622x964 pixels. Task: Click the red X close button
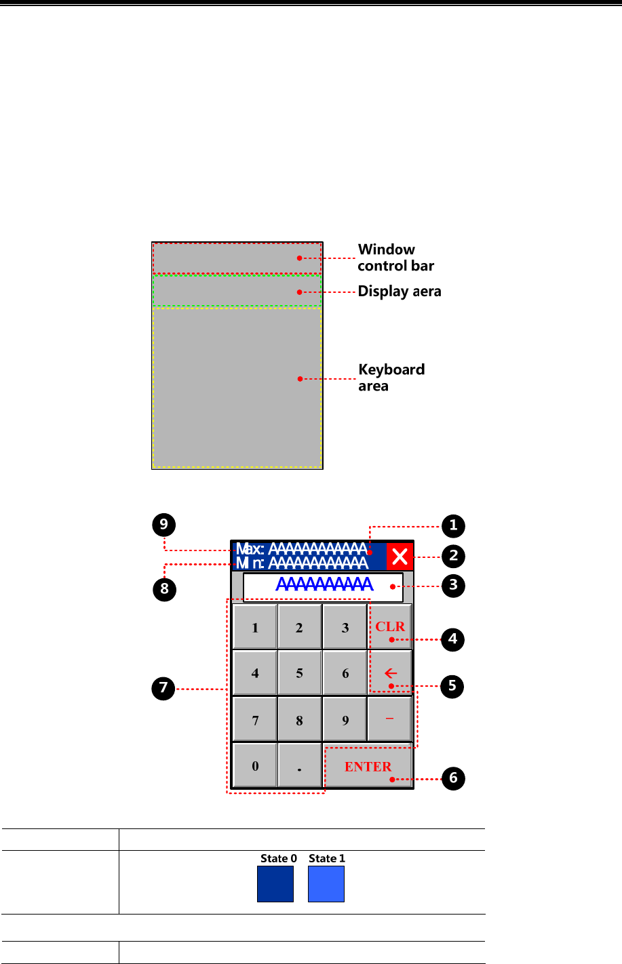[400, 557]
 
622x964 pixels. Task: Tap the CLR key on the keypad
[390, 627]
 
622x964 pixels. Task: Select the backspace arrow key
[390, 673]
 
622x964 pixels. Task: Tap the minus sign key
[390, 719]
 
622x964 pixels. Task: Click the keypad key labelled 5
[299, 673]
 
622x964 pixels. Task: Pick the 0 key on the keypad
[255, 766]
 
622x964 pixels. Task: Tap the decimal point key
[299, 766]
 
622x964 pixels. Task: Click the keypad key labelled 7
[255, 720]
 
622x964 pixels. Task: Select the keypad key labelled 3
[345, 627]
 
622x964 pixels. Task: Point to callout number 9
[164, 525]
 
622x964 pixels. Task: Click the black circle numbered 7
[163, 689]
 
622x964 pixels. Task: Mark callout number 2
[453, 556]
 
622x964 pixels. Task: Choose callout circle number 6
[453, 778]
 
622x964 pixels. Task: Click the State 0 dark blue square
[275, 884]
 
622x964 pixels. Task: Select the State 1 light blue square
[326, 884]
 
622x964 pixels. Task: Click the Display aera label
[400, 292]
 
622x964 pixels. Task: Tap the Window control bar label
[395, 258]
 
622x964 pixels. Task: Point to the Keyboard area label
[391, 378]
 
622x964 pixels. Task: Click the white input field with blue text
[324, 587]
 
